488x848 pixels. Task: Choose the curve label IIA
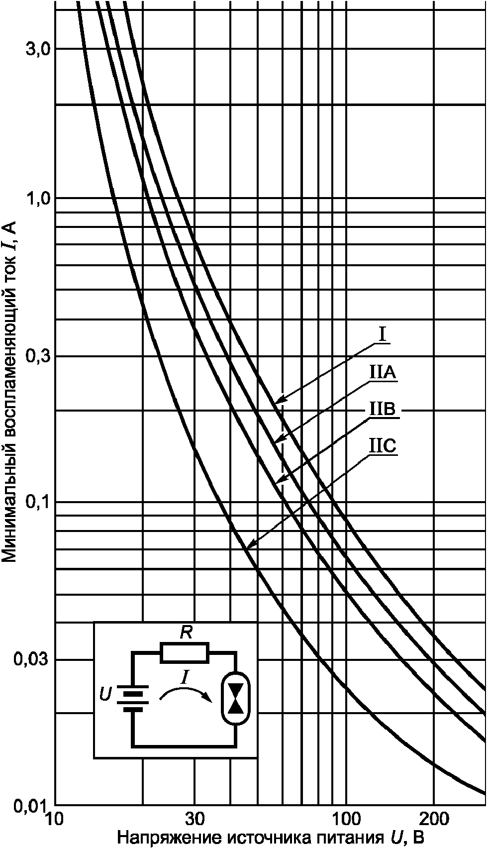[x=383, y=373]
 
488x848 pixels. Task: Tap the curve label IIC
[x=383, y=446]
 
